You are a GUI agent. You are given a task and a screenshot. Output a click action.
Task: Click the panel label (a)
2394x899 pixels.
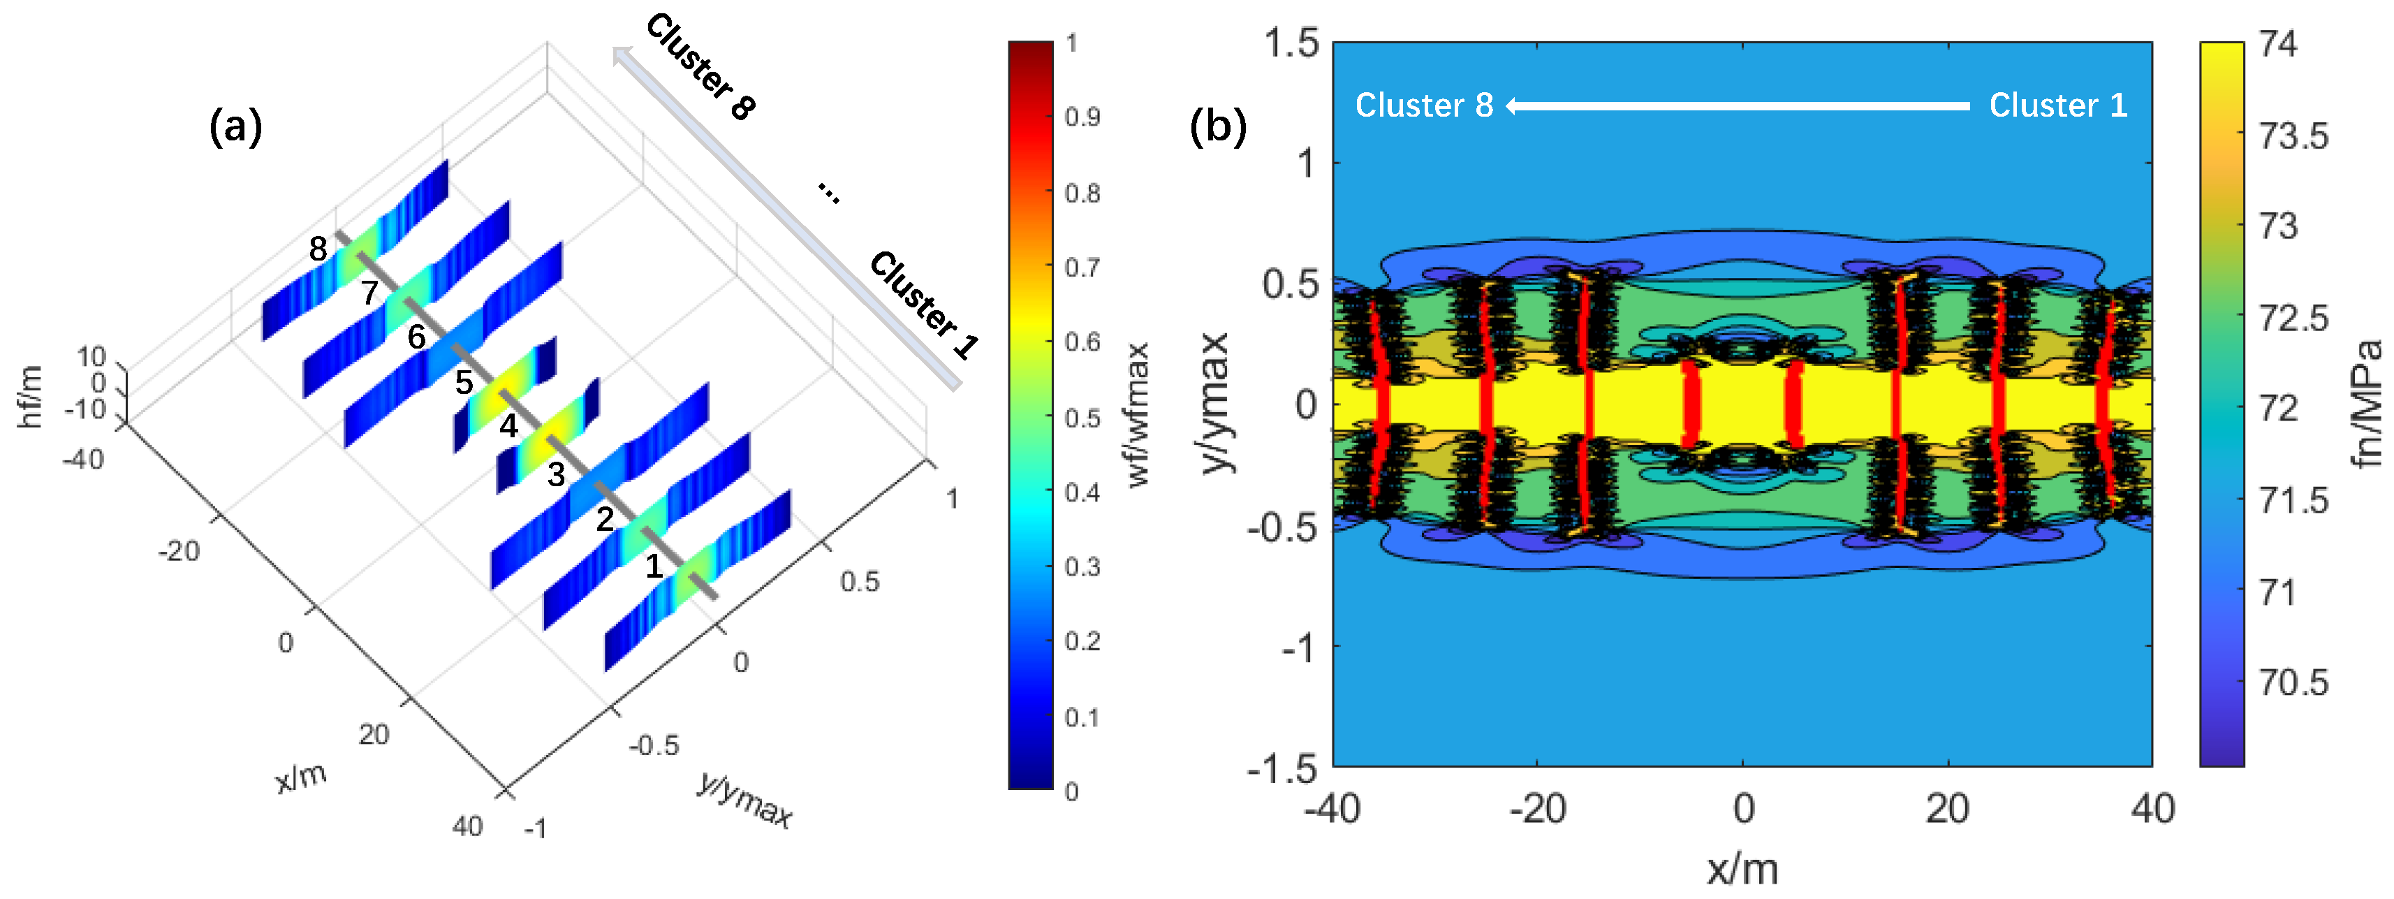(235, 126)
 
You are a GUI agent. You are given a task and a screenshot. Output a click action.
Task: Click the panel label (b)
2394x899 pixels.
(1217, 126)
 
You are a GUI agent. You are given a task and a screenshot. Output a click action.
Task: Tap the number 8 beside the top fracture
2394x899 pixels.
(318, 249)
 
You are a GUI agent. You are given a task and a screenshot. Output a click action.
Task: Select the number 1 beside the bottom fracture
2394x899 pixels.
(654, 565)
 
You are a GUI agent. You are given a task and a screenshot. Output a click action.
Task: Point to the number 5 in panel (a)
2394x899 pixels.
(464, 382)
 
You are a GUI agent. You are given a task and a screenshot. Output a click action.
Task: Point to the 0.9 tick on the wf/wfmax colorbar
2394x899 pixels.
(1082, 118)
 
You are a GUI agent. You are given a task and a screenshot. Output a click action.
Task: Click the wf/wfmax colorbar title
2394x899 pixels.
(1138, 415)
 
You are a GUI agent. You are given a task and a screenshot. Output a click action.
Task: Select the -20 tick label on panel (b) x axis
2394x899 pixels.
(1537, 810)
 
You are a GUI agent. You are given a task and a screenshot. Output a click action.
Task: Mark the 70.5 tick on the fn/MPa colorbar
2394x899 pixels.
(2293, 683)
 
